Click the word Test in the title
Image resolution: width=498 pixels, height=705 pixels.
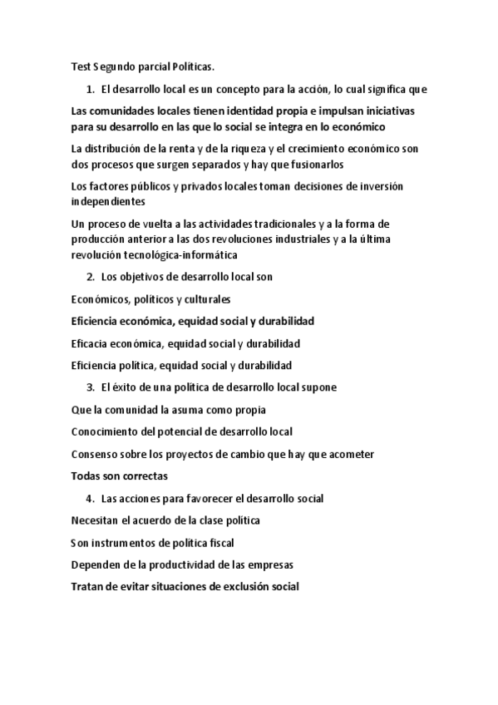click(x=80, y=67)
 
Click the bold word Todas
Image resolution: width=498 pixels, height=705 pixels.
click(x=87, y=476)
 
